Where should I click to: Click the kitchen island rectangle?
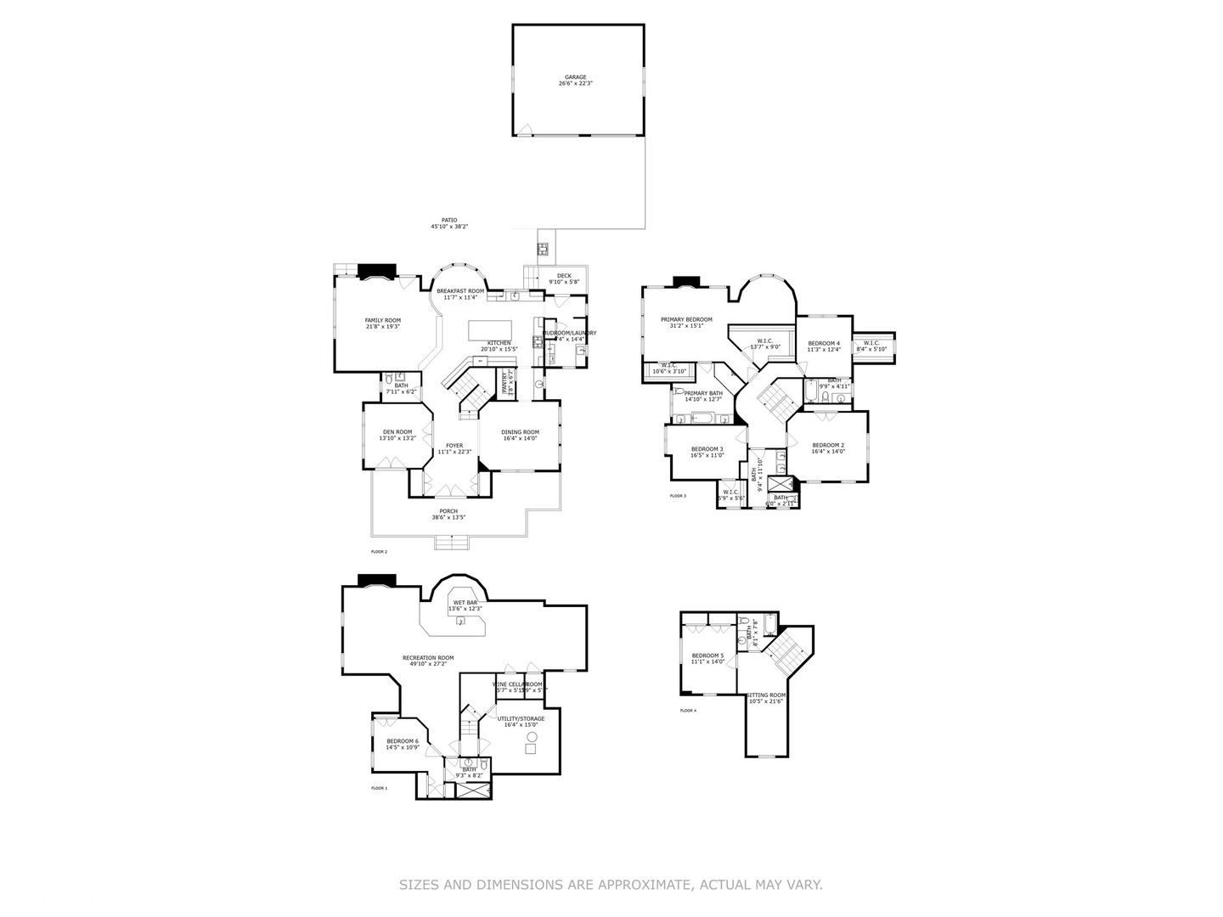[x=491, y=329]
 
